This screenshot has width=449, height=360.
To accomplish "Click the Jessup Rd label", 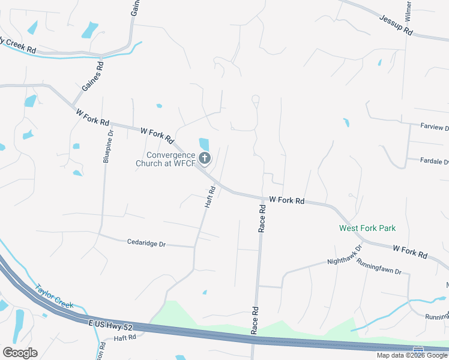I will (x=396, y=25).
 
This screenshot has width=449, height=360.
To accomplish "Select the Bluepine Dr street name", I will (x=107, y=147).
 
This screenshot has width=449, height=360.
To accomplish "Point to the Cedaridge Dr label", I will (x=146, y=244).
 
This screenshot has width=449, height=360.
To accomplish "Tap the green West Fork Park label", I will (x=367, y=228).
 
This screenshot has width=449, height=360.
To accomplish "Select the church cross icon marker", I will (x=205, y=158).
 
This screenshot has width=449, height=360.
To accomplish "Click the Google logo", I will (x=20, y=352).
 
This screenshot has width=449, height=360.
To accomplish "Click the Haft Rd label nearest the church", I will (x=209, y=197).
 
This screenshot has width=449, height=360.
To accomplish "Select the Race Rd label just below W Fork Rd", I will (x=262, y=218).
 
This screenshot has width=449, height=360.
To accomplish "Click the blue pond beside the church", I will (x=204, y=145).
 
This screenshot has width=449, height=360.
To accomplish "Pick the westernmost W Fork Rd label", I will (x=92, y=116).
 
